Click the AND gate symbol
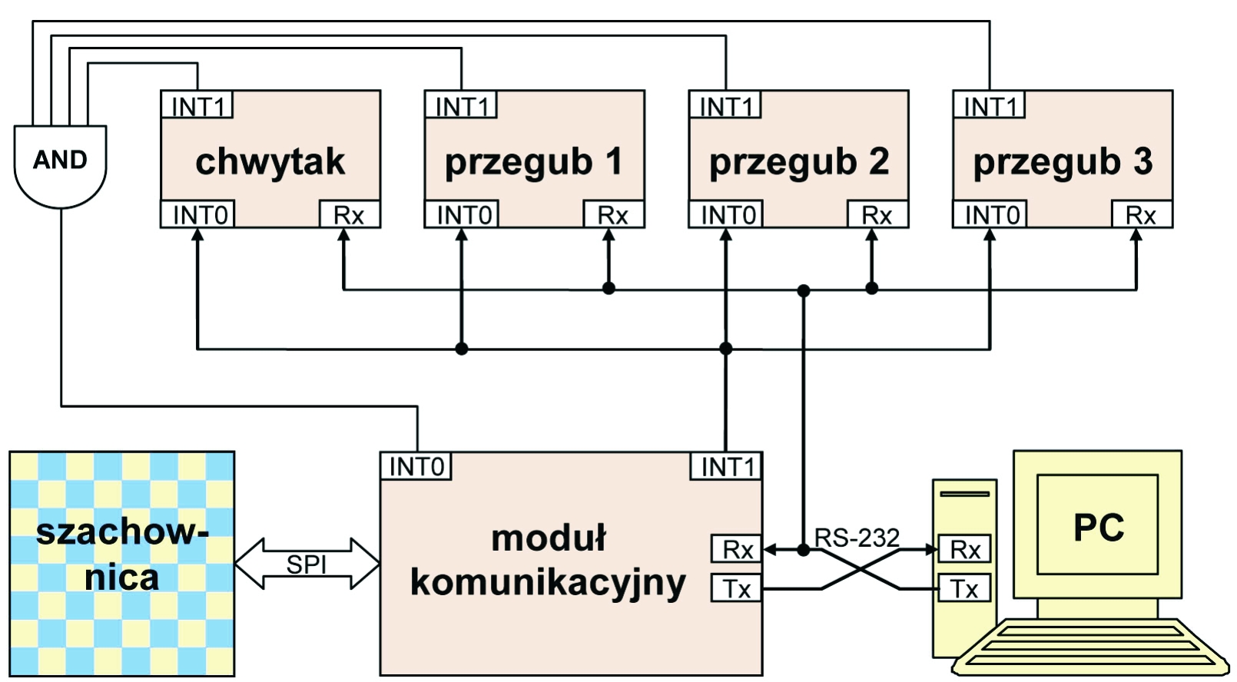(x=60, y=164)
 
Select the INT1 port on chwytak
(x=197, y=105)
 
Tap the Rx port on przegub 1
(x=612, y=215)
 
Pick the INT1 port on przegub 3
(x=989, y=105)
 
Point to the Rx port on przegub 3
(x=1141, y=215)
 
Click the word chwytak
(x=270, y=162)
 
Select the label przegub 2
(x=798, y=162)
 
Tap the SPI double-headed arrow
(x=307, y=564)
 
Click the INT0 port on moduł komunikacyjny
(x=416, y=466)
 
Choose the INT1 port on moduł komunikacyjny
(x=726, y=466)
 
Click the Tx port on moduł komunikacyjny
(x=736, y=589)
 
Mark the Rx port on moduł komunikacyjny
(x=736, y=549)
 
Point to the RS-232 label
(x=857, y=538)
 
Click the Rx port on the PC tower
(x=964, y=549)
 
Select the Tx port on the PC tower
(x=964, y=589)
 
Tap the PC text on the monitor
(x=1098, y=528)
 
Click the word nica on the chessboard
(x=121, y=578)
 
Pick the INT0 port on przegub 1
(x=463, y=215)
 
